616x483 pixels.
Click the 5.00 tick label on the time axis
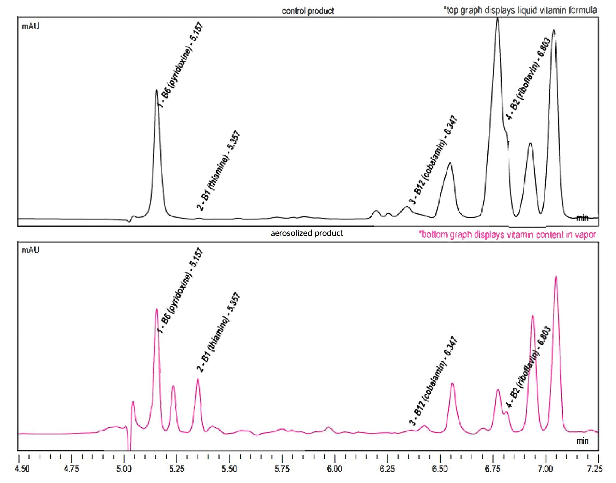point(124,469)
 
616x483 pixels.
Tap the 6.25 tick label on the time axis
point(387,469)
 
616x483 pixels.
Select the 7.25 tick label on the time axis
point(595,469)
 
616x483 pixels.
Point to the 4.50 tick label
point(22,469)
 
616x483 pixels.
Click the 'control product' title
point(308,11)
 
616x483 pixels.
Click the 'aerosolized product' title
point(307,233)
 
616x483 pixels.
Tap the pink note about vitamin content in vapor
point(507,235)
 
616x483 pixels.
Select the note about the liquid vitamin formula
point(520,10)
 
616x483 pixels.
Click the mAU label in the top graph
point(30,26)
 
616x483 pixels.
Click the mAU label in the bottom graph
point(30,250)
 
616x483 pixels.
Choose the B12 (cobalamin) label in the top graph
point(433,160)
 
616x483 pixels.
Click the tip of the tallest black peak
point(497,18)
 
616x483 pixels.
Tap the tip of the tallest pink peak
point(556,277)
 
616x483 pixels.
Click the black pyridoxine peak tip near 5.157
point(157,90)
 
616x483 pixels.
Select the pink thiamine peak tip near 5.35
point(198,379)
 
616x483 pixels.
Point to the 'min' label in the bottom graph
point(582,441)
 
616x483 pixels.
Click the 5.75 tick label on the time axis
point(282,469)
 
